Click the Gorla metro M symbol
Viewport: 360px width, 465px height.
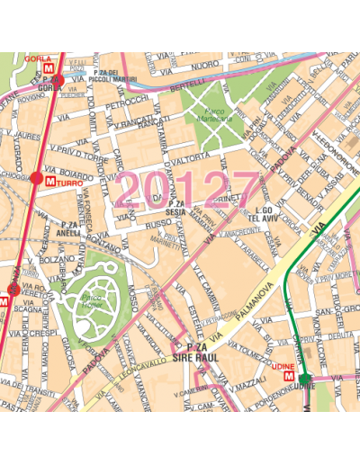(x=58, y=67)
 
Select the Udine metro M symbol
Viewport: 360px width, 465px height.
(x=288, y=377)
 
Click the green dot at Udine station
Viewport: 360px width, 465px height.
(x=305, y=378)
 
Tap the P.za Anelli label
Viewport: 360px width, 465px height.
(x=70, y=227)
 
